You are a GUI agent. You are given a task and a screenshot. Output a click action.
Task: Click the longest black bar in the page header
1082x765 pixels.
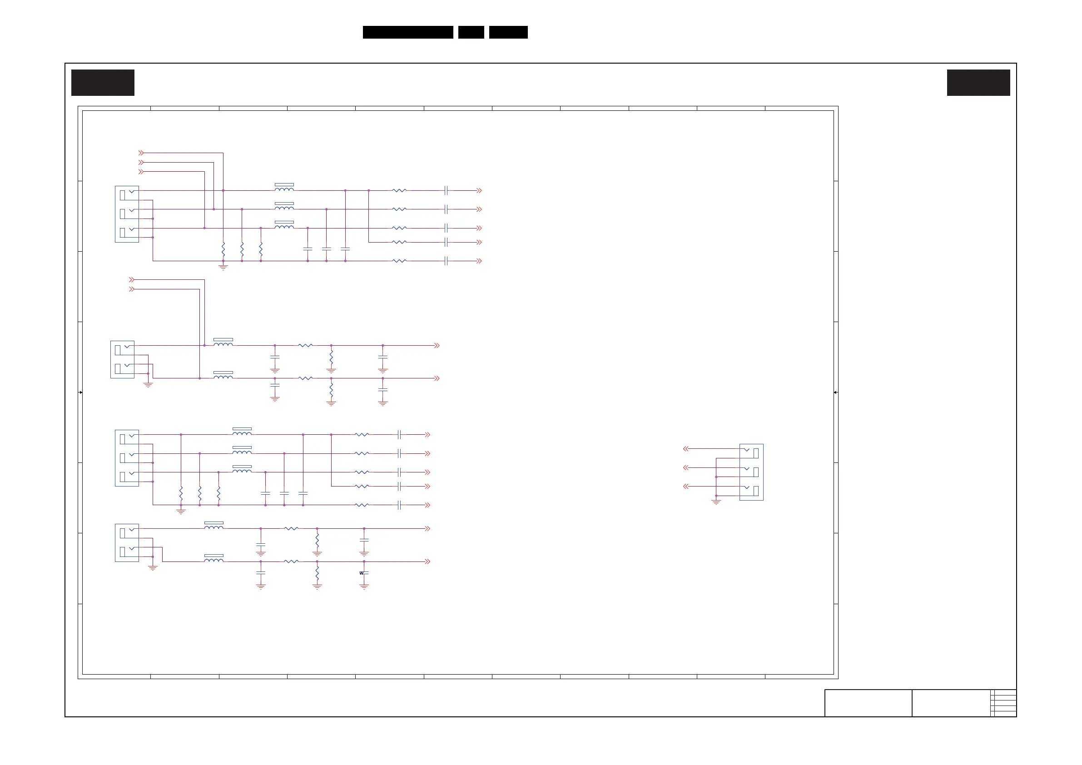coord(407,32)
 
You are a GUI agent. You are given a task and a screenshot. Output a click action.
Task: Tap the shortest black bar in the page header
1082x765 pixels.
coord(471,32)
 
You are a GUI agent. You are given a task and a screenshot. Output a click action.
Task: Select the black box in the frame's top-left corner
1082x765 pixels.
coord(103,83)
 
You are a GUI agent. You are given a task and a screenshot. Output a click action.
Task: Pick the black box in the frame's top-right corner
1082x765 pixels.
coord(978,83)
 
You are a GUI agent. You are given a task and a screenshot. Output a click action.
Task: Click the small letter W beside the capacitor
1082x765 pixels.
coord(361,573)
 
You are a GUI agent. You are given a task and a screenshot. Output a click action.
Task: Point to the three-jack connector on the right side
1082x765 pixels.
coord(751,472)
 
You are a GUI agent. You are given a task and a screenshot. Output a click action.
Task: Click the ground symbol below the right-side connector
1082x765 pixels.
coord(716,502)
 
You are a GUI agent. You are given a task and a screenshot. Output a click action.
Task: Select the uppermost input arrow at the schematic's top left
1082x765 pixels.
coord(141,153)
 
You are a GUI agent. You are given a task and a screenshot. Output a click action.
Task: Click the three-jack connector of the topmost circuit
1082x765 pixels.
coord(127,214)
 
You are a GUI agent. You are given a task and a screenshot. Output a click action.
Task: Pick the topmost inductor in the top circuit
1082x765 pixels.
coord(284,188)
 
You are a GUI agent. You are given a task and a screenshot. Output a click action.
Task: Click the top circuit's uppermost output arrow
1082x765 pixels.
coord(479,190)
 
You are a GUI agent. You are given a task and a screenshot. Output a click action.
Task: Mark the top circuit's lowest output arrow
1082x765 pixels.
coord(479,261)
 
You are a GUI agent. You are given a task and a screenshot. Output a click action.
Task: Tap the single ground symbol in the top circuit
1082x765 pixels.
coord(223,267)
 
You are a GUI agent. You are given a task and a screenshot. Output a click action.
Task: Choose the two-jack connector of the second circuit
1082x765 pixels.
coord(122,359)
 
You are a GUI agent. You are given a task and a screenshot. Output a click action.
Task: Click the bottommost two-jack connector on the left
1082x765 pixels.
coord(127,542)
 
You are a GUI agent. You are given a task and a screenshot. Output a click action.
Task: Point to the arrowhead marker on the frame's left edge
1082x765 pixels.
coord(80,392)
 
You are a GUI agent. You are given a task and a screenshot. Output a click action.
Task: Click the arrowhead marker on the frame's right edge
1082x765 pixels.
coord(835,392)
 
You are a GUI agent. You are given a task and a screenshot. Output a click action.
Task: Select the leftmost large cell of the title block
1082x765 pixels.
coord(868,703)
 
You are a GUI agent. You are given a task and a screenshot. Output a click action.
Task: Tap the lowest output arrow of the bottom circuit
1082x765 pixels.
coord(427,561)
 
